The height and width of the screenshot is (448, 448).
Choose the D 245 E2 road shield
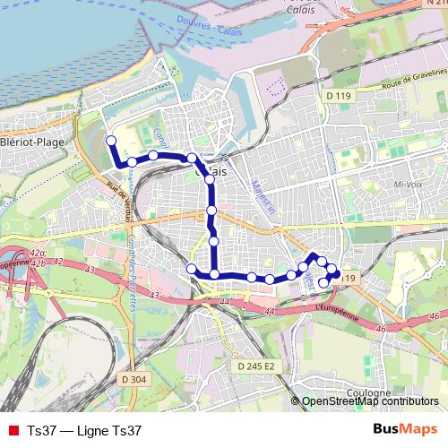[257, 366]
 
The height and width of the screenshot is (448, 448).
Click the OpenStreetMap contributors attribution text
[369, 402]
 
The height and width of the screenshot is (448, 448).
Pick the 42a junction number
[37, 254]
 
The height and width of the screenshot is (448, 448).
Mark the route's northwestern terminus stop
[111, 141]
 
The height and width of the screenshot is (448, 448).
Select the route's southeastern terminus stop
[324, 283]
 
